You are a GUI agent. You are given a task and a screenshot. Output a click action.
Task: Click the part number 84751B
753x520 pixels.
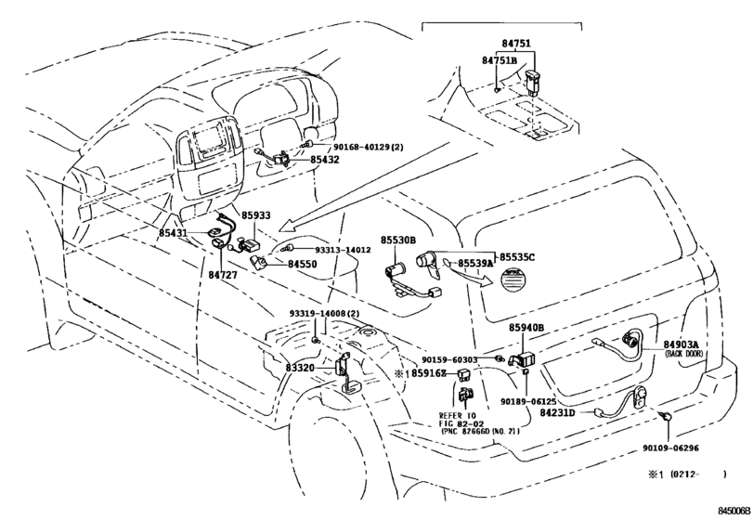[499, 60]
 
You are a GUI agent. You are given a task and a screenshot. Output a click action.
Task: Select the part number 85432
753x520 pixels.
[325, 160]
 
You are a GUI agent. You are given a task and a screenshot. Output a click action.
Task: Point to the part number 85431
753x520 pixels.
[174, 232]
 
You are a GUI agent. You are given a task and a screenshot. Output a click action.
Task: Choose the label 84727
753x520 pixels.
[223, 276]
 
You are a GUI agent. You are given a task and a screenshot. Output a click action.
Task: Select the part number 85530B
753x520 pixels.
[398, 240]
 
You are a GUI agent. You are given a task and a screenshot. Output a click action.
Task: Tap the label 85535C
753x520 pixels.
[517, 256]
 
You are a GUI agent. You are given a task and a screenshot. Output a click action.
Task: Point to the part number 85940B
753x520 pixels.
[526, 328]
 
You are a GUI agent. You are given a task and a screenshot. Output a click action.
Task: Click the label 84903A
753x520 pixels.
[682, 344]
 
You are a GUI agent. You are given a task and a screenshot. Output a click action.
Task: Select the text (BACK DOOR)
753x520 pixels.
[683, 355]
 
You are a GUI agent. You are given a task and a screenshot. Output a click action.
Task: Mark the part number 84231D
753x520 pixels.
[559, 412]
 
